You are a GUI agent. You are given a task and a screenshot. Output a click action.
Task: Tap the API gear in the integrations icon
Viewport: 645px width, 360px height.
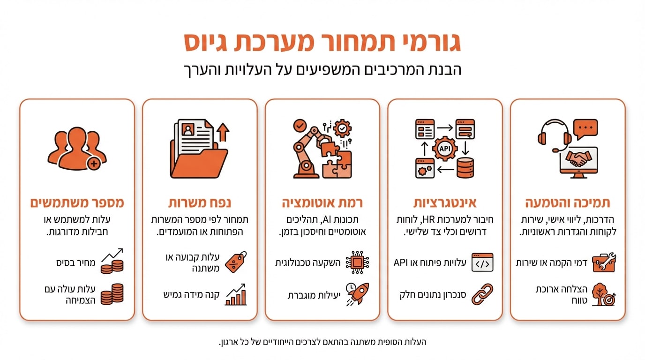(x=444, y=148)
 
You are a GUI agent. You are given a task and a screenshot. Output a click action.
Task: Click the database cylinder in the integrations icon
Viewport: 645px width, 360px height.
(x=465, y=167)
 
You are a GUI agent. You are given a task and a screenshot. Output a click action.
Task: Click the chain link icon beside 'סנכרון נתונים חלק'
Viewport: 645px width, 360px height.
(x=482, y=293)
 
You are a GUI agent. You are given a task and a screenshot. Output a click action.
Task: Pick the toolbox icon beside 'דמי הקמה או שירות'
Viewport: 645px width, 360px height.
(x=604, y=262)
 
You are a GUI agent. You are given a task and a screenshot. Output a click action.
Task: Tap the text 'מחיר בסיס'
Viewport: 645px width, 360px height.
(x=76, y=263)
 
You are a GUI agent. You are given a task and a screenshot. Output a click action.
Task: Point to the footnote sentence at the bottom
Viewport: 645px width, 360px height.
(x=322, y=342)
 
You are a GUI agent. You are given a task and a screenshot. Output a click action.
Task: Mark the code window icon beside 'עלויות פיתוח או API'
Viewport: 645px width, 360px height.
(x=482, y=262)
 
